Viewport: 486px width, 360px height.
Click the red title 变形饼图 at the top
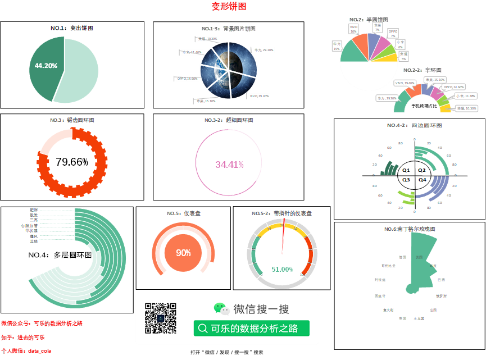coord(229,6)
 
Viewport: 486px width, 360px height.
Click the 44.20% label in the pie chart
coord(46,66)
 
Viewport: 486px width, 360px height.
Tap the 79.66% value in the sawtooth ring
coord(72,162)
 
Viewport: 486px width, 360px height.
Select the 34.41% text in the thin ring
coord(229,165)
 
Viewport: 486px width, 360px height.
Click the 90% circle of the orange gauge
coord(183,253)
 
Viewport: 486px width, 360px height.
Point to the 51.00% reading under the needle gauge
coord(282,270)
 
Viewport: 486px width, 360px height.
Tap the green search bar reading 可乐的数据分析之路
coord(251,329)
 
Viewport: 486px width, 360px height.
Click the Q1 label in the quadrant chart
coord(406,170)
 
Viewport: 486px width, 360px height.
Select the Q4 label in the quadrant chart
coord(423,180)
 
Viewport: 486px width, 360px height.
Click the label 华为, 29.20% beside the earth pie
coord(264,50)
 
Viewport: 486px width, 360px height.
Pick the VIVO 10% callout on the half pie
coord(353,29)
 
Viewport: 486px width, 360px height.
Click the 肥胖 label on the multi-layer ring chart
coord(34,210)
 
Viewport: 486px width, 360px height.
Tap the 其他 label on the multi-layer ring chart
coord(34,241)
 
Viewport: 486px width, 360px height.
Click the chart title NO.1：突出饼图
coord(72,28)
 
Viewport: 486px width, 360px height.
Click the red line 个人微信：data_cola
coord(26,350)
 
